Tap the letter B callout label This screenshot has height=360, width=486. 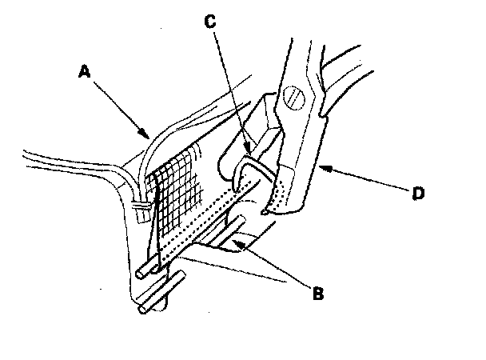pyautogui.click(x=318, y=293)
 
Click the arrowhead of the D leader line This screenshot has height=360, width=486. pyautogui.click(x=321, y=168)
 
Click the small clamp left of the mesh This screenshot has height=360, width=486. pyautogui.click(x=141, y=210)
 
